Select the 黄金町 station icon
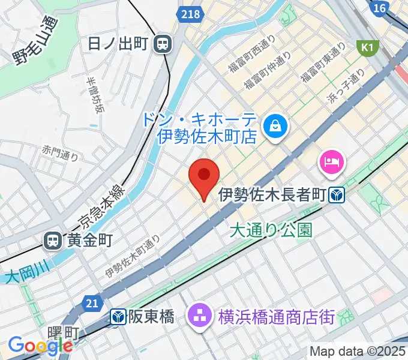click(53, 241)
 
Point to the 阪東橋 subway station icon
click(118, 316)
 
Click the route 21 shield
click(91, 304)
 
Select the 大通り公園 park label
click(271, 230)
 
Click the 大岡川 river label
click(20, 277)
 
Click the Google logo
click(40, 346)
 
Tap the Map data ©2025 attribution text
click(357, 351)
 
